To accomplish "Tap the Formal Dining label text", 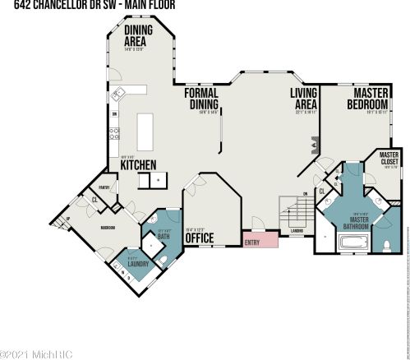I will click(x=200, y=99).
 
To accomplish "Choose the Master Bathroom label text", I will click(x=359, y=219).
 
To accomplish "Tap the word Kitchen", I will click(x=138, y=165).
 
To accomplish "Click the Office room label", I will click(x=200, y=238).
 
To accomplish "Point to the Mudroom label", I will click(x=108, y=228).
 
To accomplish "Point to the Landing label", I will click(x=296, y=231).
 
